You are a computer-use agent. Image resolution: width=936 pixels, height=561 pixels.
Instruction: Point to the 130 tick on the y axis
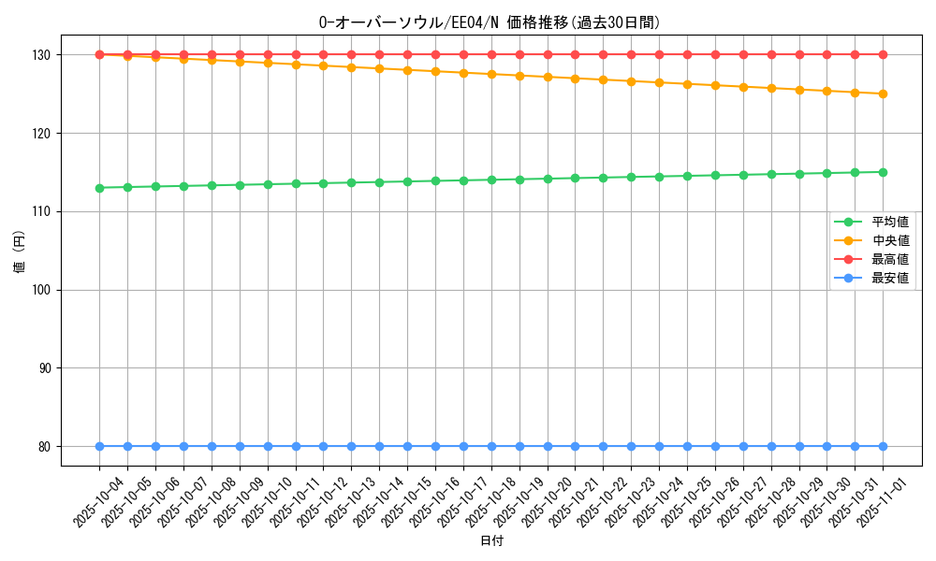click(43, 55)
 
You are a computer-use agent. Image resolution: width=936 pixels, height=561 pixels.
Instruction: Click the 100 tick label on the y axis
click(43, 290)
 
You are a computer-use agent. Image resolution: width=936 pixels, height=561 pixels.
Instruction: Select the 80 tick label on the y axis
click(46, 447)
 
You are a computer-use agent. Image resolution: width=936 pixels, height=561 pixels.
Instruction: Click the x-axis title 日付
click(491, 541)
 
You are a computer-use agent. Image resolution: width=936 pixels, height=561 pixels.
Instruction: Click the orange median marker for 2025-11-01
click(883, 93)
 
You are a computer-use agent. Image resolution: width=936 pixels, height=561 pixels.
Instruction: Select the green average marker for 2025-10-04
click(99, 188)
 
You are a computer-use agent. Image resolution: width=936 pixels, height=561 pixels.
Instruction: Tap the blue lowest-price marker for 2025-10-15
click(407, 447)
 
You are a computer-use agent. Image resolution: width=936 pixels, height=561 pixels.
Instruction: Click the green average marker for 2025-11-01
click(883, 172)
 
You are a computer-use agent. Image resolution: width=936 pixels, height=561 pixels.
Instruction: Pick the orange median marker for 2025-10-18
click(491, 74)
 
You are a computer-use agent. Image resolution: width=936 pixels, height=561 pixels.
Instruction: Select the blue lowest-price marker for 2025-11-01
click(883, 447)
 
